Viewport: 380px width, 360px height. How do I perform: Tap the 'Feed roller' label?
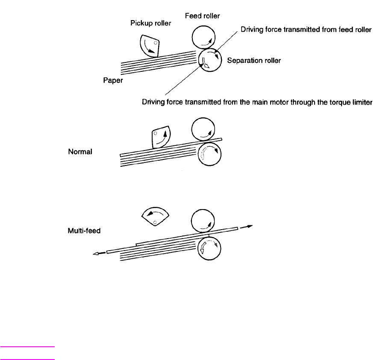[202, 16]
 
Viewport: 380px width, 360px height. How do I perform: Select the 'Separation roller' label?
[254, 61]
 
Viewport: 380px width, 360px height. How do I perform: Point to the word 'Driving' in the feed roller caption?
[252, 30]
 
